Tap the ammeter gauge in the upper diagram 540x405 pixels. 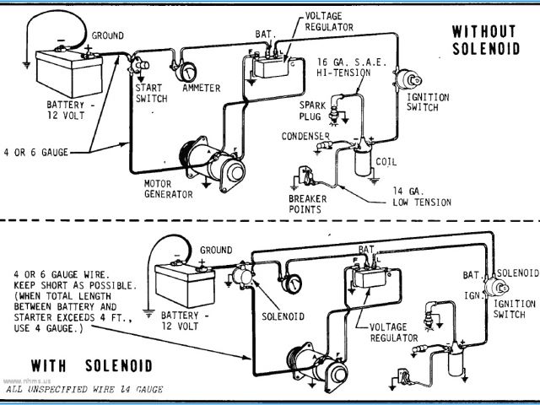(186, 71)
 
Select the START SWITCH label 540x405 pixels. (152, 94)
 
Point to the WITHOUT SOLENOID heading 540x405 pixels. (486, 40)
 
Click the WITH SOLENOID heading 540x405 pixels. (92, 365)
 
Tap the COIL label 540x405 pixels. (386, 161)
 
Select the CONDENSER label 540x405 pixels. (305, 136)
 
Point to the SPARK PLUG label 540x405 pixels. (312, 111)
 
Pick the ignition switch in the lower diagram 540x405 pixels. (496, 287)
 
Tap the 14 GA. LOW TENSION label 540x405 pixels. (422, 197)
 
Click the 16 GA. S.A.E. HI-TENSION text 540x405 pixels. (351, 67)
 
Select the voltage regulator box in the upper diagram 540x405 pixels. (272, 67)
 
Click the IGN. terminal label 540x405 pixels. (472, 295)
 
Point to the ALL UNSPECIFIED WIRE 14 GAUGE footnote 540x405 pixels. (84, 390)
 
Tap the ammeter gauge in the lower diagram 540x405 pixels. (292, 284)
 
